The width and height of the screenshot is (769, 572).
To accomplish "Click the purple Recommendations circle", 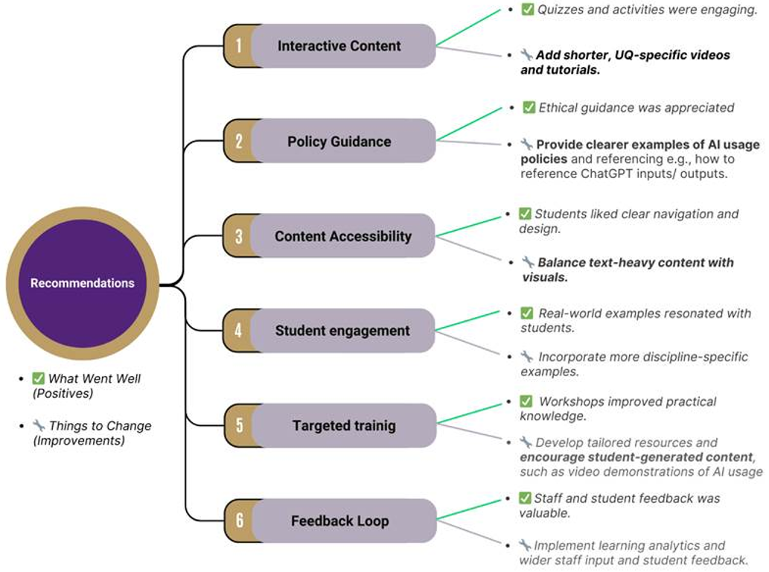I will pyautogui.click(x=82, y=283).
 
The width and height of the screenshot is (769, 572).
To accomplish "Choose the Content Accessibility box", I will pyautogui.click(x=342, y=236).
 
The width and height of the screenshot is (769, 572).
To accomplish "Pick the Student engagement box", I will pyautogui.click(x=342, y=331).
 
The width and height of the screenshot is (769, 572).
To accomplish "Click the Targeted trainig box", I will pyautogui.click(x=342, y=426).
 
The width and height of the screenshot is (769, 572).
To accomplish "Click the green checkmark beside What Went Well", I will pyautogui.click(x=39, y=378).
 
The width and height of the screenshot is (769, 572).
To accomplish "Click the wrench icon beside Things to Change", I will pyautogui.click(x=39, y=426).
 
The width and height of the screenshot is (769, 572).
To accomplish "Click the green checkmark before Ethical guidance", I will pyautogui.click(x=529, y=108).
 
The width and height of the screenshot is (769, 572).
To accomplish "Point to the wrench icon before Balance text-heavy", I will pyautogui.click(x=528, y=262).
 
